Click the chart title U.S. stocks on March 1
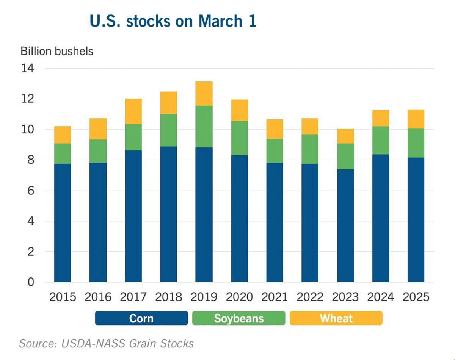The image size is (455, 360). tap(173, 21)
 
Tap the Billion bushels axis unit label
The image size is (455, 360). tap(57, 51)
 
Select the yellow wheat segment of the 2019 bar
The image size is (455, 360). tap(204, 94)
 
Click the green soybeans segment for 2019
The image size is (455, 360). tap(204, 127)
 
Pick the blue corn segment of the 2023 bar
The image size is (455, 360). tap(345, 225)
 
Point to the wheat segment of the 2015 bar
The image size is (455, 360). tap(63, 135)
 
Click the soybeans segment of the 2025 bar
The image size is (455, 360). tap(416, 143)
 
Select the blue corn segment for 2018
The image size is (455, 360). tap(169, 214)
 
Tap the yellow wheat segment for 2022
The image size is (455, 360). tap(310, 126)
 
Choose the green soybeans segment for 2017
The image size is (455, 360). tap(133, 137)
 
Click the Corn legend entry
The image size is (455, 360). tap(141, 318)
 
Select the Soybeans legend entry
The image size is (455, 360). tap(238, 318)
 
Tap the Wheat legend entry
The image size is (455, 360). tap(336, 318)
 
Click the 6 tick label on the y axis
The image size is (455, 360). tap(30, 191)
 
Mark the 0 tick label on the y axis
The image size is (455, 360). tap(30, 282)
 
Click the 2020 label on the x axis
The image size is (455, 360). tap(239, 297)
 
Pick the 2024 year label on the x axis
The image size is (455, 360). tap(381, 297)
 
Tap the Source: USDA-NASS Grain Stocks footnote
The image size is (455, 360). tap(107, 344)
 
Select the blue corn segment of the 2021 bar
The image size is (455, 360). tap(275, 222)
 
